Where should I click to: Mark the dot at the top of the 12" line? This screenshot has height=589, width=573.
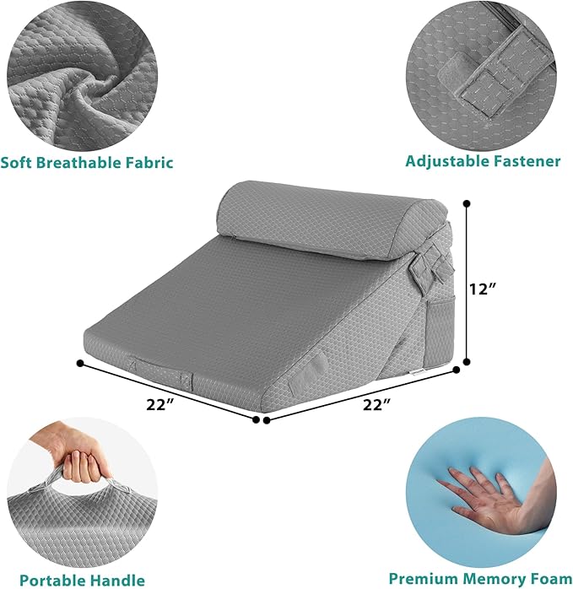[464, 203]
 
